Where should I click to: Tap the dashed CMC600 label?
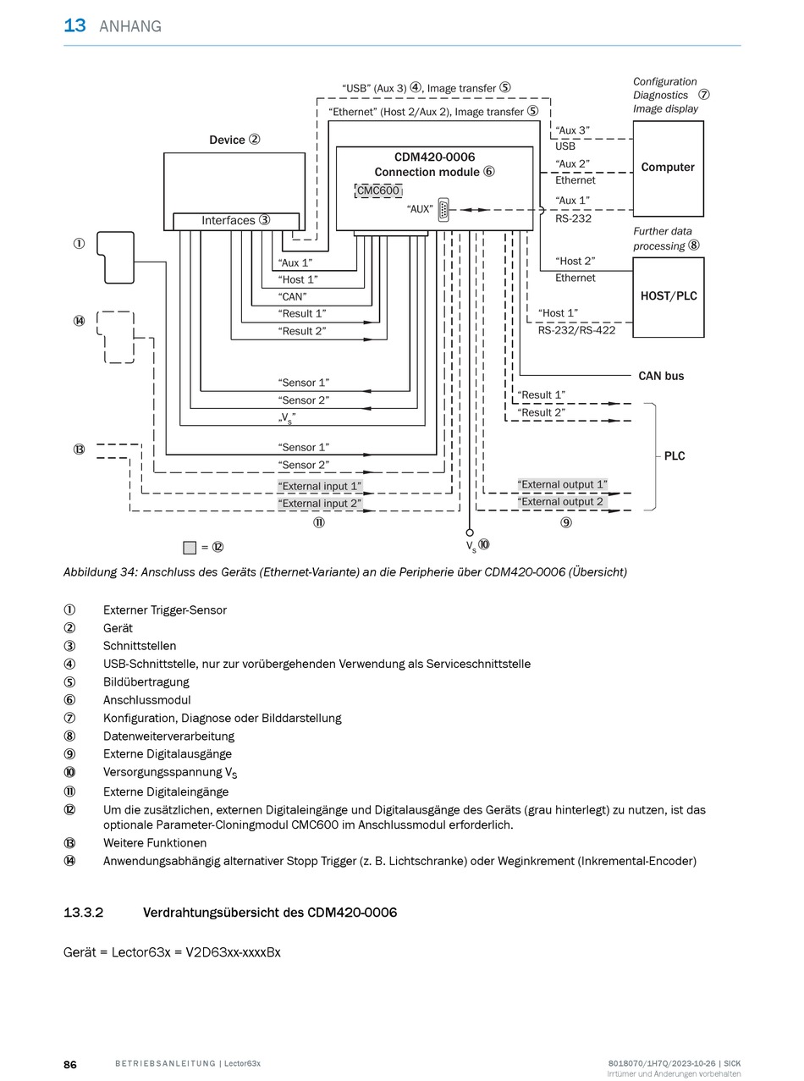pos(378,190)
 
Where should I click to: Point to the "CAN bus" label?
pos(661,376)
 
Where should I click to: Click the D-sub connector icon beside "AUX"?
pos(443,210)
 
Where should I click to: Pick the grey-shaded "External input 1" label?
pos(320,486)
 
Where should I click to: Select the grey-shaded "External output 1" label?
pos(562,484)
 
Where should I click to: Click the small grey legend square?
pos(190,548)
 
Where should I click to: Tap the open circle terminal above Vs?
pos(470,532)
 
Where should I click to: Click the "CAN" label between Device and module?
pos(292,296)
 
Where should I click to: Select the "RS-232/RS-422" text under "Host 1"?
pos(576,330)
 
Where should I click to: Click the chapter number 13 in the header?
pos(74,25)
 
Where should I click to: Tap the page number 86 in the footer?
pos(70,1064)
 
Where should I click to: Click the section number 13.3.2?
pos(83,913)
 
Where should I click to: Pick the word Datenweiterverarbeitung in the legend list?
pos(168,736)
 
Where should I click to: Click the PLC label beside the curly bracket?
pos(675,455)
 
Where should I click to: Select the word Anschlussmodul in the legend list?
pos(146,700)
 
